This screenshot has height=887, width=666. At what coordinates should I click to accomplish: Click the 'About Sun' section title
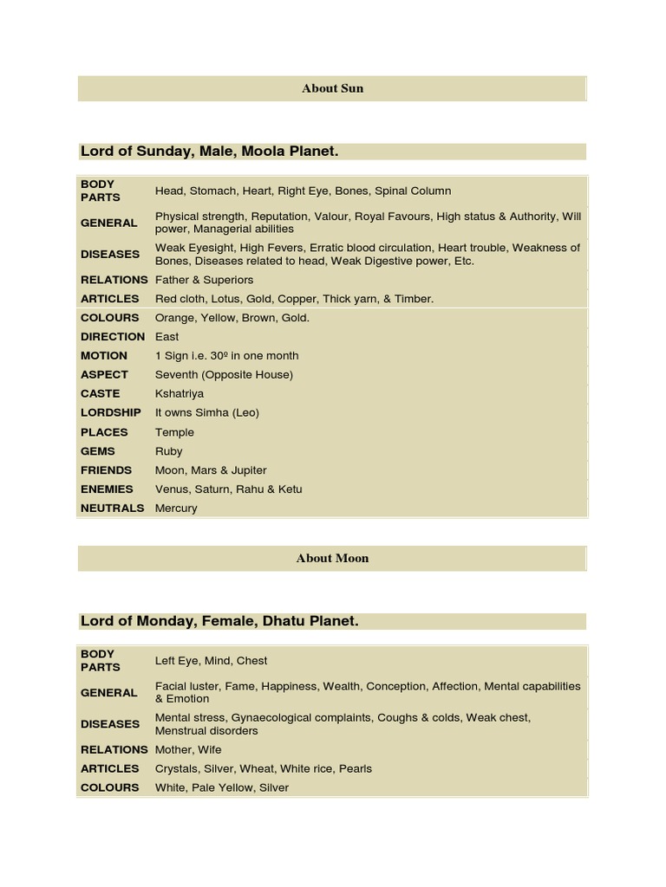[332, 88]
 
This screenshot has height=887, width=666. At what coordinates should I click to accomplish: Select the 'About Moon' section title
[332, 559]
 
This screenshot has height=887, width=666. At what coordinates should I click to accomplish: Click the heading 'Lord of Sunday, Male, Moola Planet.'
[209, 152]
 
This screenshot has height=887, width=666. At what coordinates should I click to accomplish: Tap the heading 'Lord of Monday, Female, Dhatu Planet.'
[219, 621]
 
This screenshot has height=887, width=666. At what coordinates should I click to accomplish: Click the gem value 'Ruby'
[169, 451]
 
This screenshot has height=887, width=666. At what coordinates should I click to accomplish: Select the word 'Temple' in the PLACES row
[174, 432]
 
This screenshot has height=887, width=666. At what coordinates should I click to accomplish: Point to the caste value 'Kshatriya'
[180, 393]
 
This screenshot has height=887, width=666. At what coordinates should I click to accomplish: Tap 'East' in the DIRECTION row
[166, 336]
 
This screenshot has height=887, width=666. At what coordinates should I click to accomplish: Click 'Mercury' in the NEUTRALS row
[176, 508]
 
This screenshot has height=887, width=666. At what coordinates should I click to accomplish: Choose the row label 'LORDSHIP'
[111, 412]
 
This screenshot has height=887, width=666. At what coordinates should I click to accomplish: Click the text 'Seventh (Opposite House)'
[224, 374]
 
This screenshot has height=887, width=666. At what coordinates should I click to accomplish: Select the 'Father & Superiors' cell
[204, 280]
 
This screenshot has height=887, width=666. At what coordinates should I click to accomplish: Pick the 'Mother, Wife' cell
[188, 749]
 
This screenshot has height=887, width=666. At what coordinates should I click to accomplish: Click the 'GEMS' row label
[97, 451]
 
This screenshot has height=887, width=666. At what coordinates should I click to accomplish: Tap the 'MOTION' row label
[104, 355]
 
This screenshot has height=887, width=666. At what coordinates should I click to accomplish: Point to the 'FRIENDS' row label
[107, 470]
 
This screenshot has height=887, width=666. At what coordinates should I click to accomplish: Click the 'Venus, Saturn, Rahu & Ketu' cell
[228, 489]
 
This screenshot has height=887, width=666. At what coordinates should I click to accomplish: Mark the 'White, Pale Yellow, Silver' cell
[221, 787]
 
